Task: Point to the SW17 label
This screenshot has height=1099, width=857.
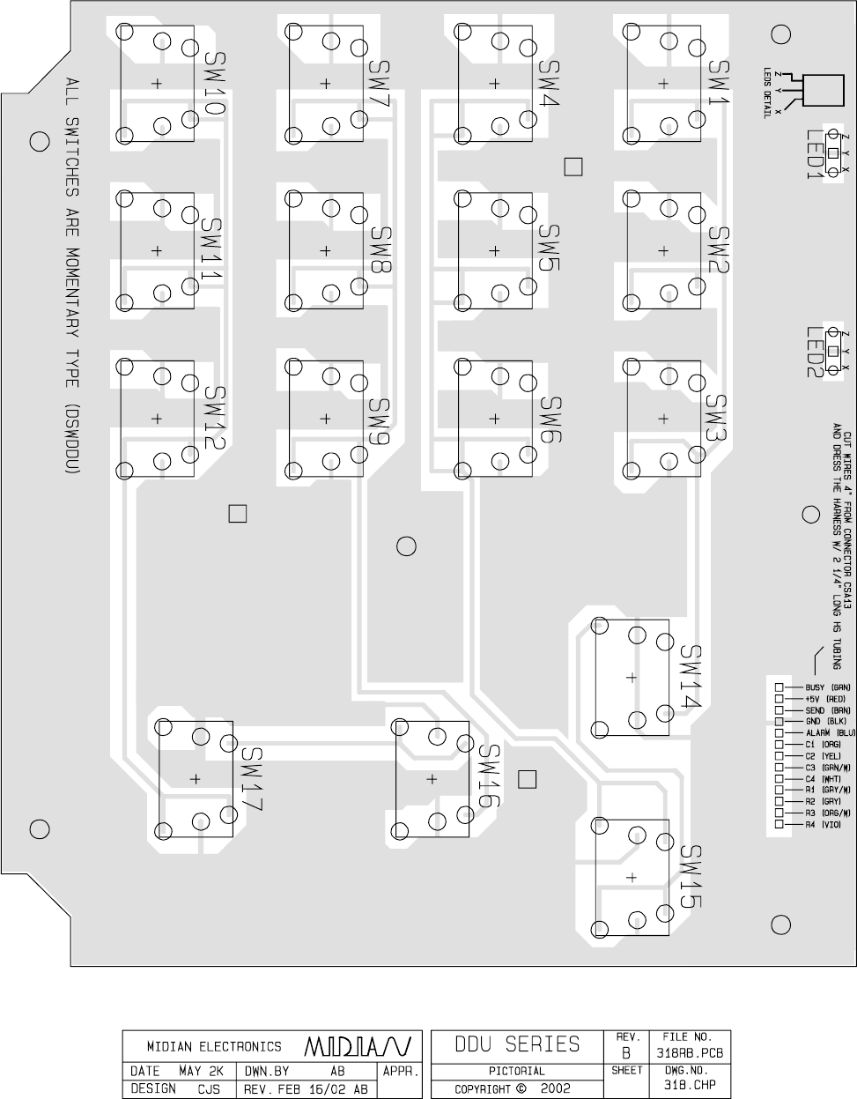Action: (x=252, y=780)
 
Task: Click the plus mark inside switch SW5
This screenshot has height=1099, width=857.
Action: (x=495, y=250)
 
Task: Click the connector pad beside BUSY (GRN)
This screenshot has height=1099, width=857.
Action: (x=779, y=687)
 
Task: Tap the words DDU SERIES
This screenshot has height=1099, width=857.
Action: (x=517, y=1044)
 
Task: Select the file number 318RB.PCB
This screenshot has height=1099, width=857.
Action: (x=691, y=1052)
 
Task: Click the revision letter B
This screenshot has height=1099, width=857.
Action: (x=624, y=1052)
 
